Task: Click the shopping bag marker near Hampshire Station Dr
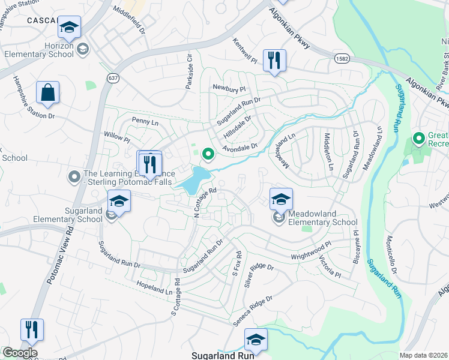(x=47, y=93)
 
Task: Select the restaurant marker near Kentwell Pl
(x=274, y=60)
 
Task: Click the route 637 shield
(x=113, y=78)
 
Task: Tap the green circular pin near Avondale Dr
(x=208, y=155)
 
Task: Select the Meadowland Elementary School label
(x=322, y=218)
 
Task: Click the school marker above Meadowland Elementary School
(x=280, y=199)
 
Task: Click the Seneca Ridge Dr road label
(x=253, y=310)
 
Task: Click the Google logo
(x=20, y=353)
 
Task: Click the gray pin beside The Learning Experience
(x=74, y=176)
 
